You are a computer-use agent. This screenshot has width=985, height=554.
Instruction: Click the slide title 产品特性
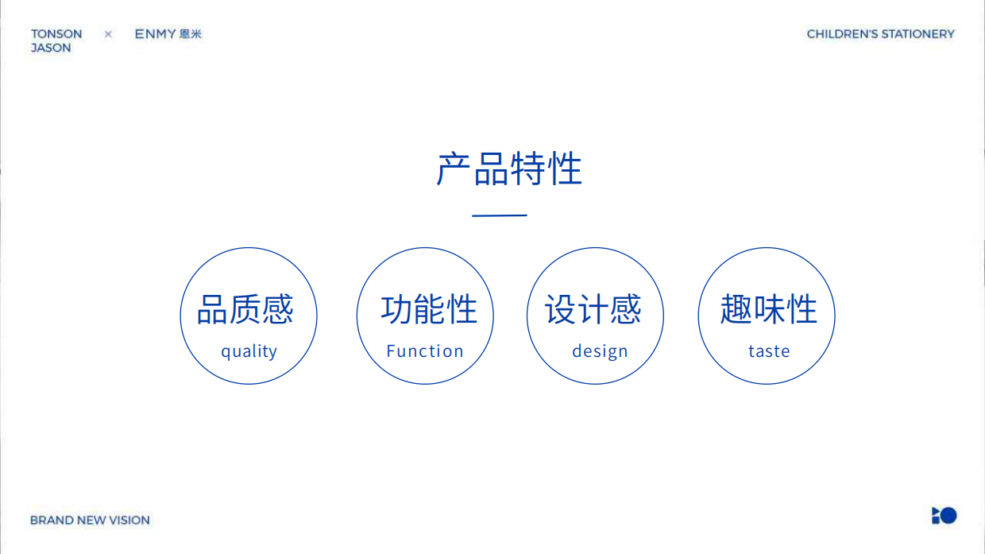pyautogui.click(x=509, y=169)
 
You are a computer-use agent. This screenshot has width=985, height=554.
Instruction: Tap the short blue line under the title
pyautogui.click(x=500, y=215)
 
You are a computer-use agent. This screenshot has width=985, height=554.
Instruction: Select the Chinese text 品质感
pyautogui.click(x=245, y=309)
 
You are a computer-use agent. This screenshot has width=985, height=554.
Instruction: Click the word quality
pyautogui.click(x=249, y=351)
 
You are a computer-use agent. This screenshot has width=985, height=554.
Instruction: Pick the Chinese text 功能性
pyautogui.click(x=429, y=309)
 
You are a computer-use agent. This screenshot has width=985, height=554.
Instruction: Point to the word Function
pyautogui.click(x=425, y=351)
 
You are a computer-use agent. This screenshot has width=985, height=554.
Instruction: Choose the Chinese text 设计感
pyautogui.click(x=593, y=309)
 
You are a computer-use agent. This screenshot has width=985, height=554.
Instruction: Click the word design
pyautogui.click(x=600, y=351)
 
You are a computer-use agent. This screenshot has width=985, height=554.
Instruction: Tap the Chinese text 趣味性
pyautogui.click(x=768, y=309)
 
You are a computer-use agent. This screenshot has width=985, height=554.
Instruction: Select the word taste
pyautogui.click(x=769, y=351)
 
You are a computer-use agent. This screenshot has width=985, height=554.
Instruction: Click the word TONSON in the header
pyautogui.click(x=56, y=34)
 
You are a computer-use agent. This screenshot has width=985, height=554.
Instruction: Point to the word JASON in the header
pyautogui.click(x=51, y=48)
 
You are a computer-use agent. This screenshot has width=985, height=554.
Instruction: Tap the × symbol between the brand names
pyautogui.click(x=108, y=34)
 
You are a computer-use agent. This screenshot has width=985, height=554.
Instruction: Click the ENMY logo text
pyautogui.click(x=155, y=34)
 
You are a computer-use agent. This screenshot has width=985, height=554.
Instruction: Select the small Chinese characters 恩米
pyautogui.click(x=191, y=34)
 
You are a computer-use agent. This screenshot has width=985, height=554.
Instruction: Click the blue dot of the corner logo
pyautogui.click(x=948, y=515)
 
